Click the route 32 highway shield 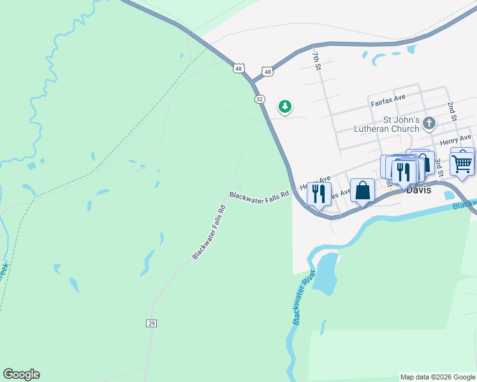[x=259, y=99]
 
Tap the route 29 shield [x=151, y=323]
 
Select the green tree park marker [x=285, y=107]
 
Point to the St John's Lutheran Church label [x=392, y=124]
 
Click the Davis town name [x=419, y=190]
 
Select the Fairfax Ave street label [x=388, y=100]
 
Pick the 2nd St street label [x=451, y=110]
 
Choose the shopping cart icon [x=462, y=162]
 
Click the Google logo [x=21, y=374]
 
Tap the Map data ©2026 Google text [x=437, y=377]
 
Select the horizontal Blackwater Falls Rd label [x=260, y=196]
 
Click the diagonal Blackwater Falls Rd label [x=209, y=232]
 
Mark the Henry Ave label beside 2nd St [x=455, y=139]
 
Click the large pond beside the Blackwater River [x=325, y=272]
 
